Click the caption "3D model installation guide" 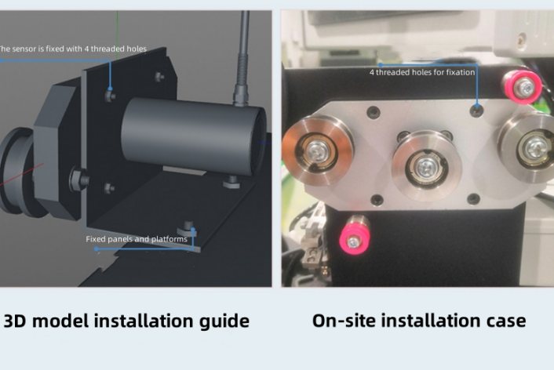126,321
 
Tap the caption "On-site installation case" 419,321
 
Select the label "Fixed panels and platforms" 137,239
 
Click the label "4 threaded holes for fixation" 422,72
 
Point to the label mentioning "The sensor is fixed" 72,49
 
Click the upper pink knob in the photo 523,87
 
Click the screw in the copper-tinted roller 316,151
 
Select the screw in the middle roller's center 427,168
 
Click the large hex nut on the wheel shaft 78,180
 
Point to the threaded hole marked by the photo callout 477,111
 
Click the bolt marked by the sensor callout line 110,96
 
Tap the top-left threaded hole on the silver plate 374,112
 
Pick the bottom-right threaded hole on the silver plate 473,199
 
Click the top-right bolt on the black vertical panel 159,76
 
